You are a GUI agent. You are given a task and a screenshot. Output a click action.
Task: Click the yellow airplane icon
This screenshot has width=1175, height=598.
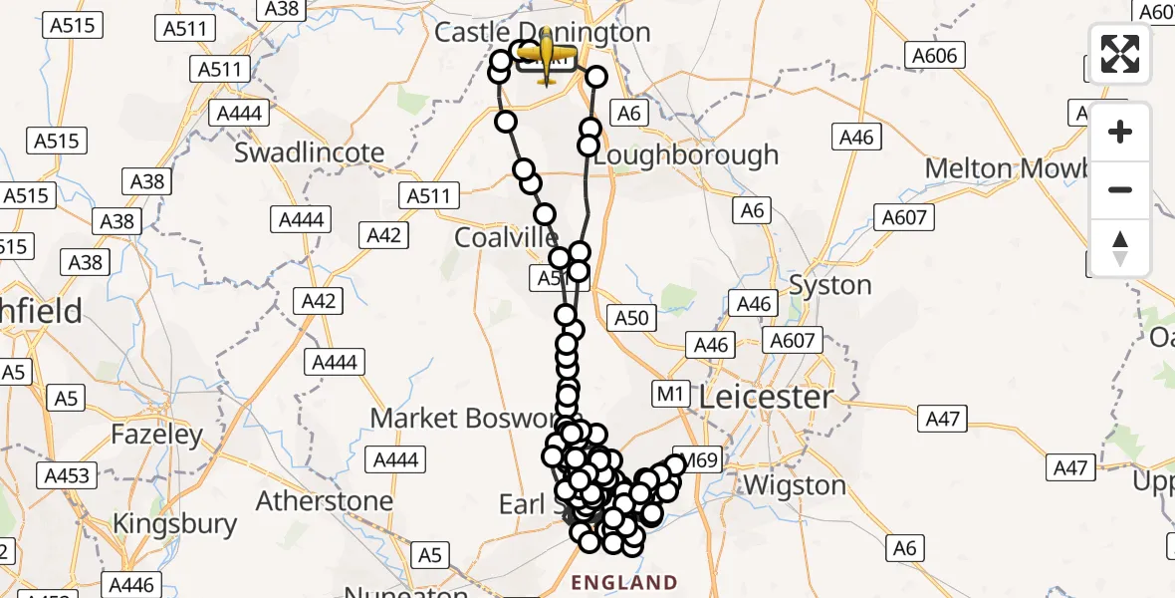[x=546, y=55]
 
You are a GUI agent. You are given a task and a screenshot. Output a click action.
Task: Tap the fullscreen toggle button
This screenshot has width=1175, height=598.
[x=1120, y=54]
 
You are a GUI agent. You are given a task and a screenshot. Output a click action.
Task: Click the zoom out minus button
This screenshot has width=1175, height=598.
[x=1120, y=189]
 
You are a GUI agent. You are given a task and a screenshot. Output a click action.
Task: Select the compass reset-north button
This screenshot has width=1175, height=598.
[x=1120, y=247]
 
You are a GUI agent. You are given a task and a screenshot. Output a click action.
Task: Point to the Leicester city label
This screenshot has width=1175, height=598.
[x=765, y=398]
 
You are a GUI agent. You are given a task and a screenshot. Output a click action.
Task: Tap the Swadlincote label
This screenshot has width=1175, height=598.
[x=309, y=152]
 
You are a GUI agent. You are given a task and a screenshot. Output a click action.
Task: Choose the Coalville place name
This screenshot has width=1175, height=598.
[x=506, y=238]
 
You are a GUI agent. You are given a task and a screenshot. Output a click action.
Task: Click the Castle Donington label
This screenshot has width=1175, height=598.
[x=543, y=32]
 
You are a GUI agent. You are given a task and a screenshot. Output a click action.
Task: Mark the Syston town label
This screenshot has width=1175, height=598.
[x=829, y=286]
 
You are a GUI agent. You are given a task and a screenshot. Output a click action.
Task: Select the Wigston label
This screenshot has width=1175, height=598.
[x=795, y=486]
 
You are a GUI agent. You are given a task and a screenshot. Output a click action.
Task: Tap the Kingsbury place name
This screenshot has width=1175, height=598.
[x=174, y=524]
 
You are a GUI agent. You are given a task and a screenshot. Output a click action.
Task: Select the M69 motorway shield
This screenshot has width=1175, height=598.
[x=695, y=460]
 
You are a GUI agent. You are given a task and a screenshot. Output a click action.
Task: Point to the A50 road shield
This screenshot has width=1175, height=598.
[x=631, y=319]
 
